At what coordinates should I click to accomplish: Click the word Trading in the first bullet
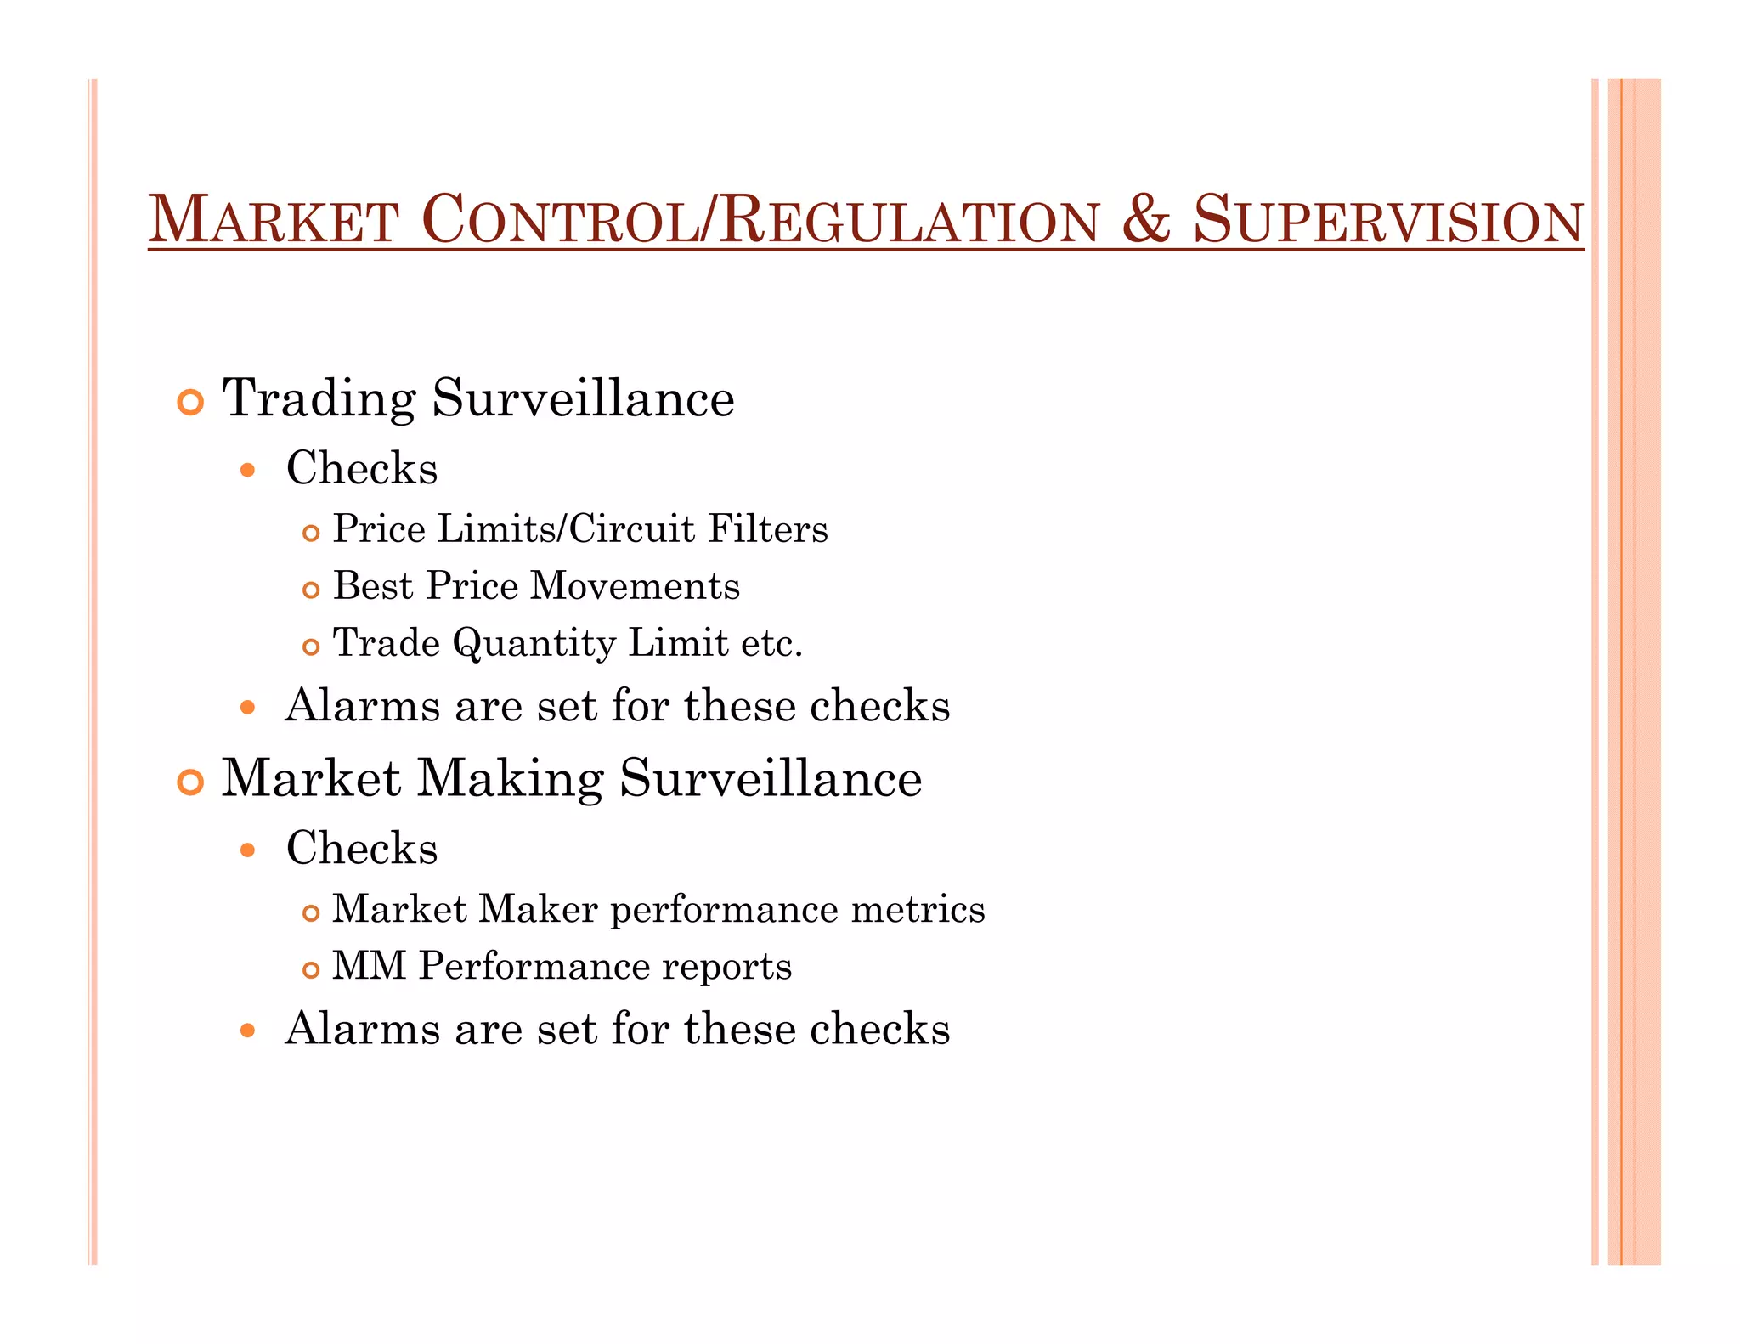tap(319, 398)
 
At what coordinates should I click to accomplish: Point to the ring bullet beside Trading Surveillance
tap(190, 402)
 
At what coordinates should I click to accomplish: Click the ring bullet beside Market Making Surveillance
tap(190, 782)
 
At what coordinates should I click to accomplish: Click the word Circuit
tap(632, 529)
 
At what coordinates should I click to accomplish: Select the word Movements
tap(635, 586)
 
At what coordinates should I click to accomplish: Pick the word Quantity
tap(534, 643)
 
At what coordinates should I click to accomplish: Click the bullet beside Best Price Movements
tap(311, 590)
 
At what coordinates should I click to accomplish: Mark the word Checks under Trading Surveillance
tap(362, 468)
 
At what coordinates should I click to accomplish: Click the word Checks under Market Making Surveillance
tap(362, 848)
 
